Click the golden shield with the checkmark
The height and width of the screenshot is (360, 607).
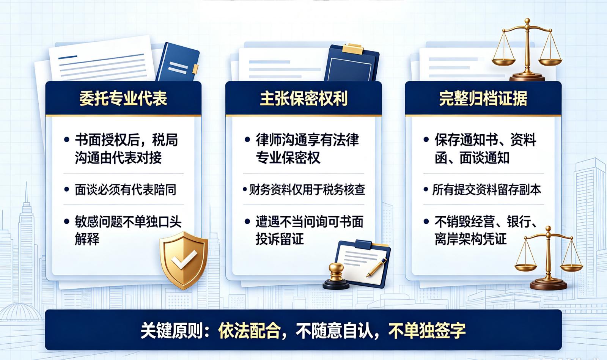click(184, 260)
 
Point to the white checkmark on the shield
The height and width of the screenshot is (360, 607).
click(184, 259)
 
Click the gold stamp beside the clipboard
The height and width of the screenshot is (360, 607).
click(336, 276)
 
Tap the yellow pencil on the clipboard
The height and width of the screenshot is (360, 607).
click(377, 267)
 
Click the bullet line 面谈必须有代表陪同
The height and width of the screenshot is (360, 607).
click(126, 190)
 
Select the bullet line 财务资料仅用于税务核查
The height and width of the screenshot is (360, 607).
click(307, 190)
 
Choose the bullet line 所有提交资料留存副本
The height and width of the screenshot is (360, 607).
click(487, 190)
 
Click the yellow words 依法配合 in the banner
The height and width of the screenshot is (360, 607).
click(249, 330)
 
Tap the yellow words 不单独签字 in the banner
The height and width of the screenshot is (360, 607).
click(427, 330)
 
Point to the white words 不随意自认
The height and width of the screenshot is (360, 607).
click(334, 330)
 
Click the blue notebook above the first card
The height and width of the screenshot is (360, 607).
click(178, 62)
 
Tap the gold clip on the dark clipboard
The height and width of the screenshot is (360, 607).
click(352, 49)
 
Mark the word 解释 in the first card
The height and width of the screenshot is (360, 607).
click(87, 239)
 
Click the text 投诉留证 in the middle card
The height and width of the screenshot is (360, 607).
click(279, 239)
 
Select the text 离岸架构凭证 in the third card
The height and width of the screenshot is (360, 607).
click(470, 239)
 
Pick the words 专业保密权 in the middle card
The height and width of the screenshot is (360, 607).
click(288, 158)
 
